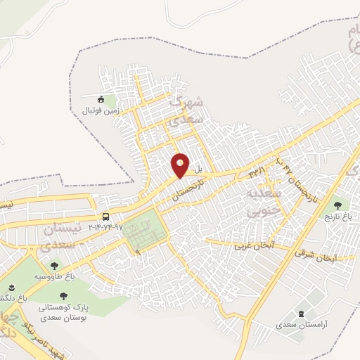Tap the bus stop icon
(x=105, y=217)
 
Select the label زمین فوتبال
(x=94, y=111)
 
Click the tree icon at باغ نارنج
(x=338, y=206)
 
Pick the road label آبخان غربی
(x=254, y=246)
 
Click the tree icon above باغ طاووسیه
(x=54, y=266)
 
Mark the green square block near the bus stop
(x=146, y=233)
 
